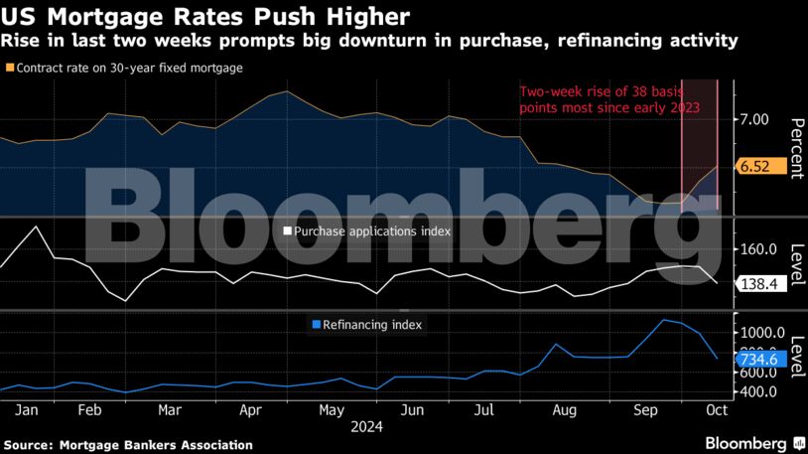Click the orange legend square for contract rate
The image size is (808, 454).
click(x=10, y=68)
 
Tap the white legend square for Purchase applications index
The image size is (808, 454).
click(x=288, y=230)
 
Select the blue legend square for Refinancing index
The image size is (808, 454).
click(x=316, y=324)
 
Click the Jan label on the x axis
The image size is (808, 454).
click(x=27, y=410)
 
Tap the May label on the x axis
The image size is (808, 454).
click(x=332, y=410)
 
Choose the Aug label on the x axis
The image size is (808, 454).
click(x=564, y=410)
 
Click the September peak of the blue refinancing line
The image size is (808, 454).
click(x=662, y=320)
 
